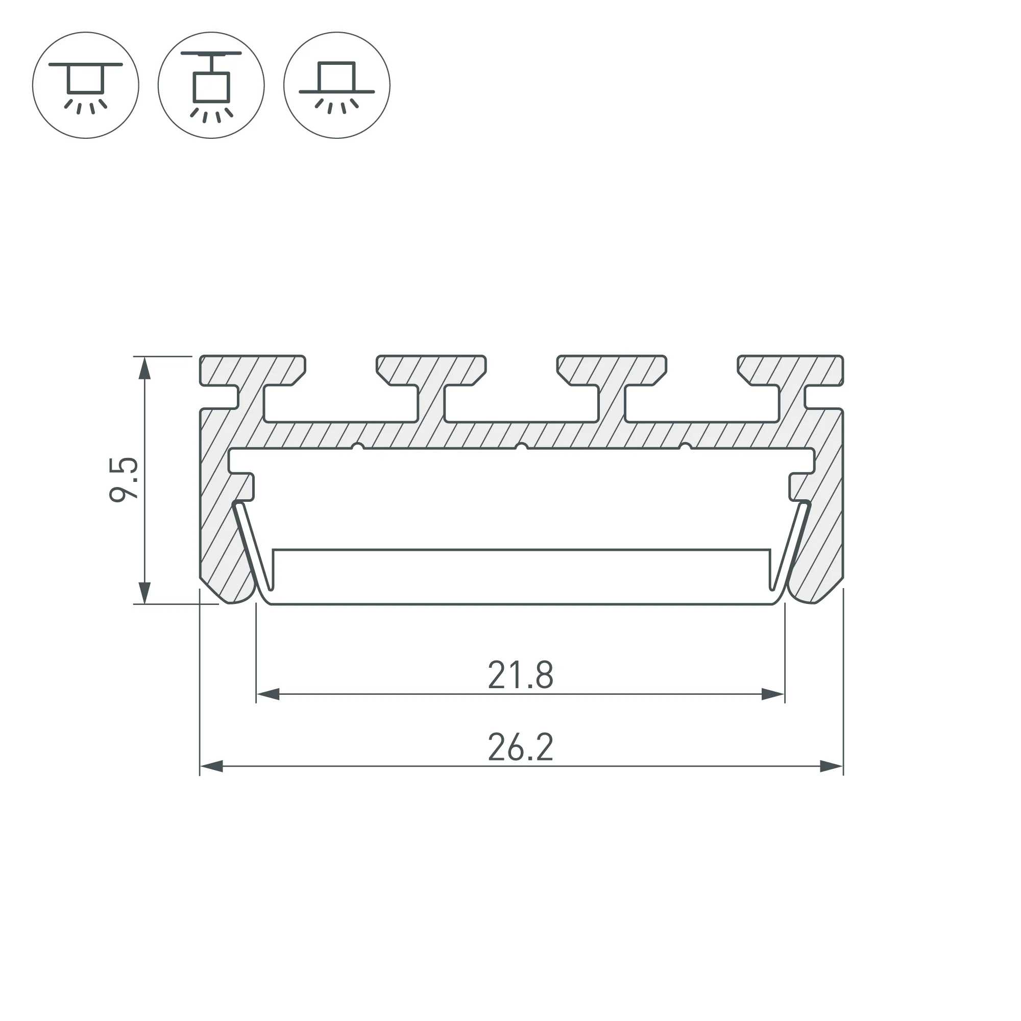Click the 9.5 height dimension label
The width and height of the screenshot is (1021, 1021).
pos(124,479)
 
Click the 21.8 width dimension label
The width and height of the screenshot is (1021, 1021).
pos(521,675)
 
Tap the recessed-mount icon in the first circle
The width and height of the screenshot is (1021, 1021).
pos(86,86)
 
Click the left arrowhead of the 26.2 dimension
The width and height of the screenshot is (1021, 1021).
pos(211,766)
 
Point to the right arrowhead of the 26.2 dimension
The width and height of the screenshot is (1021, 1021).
pos(831,766)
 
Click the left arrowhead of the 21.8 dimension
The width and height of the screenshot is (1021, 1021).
pos(268,694)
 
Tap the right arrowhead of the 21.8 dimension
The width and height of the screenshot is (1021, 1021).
pos(773,694)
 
